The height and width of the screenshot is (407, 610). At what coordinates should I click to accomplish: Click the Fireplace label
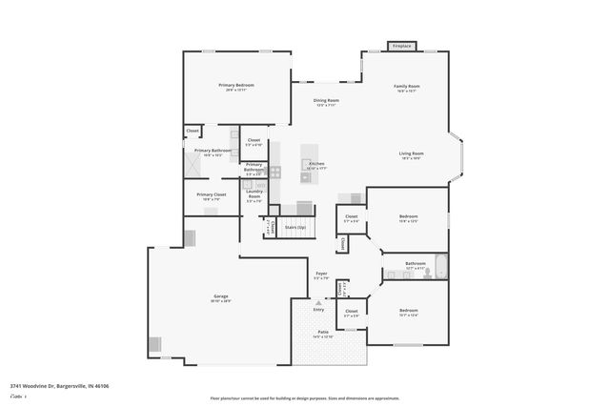[402, 46]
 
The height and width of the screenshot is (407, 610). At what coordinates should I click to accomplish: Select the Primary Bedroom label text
[236, 86]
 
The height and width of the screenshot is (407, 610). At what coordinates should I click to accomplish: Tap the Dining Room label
[326, 100]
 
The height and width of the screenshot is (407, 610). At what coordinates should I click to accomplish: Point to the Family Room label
[407, 87]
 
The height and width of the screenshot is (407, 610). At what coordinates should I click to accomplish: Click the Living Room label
[411, 153]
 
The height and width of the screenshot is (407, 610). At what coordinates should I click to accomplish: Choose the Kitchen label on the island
[316, 164]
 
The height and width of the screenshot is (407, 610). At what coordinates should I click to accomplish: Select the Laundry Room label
[254, 194]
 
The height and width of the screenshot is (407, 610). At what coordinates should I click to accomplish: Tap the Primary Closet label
[212, 194]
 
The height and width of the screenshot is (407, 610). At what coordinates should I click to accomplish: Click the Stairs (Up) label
[295, 228]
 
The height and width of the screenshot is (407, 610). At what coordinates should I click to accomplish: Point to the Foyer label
[322, 274]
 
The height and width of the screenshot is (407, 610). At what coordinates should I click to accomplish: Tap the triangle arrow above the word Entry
[318, 302]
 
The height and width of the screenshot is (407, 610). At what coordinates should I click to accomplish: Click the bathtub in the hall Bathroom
[442, 266]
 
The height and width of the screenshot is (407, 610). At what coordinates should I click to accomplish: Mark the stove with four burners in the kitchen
[275, 173]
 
